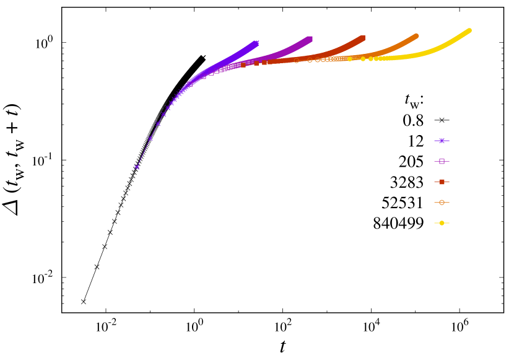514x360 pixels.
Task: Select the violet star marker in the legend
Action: pos(442,141)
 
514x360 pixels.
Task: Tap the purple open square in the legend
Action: pos(442,161)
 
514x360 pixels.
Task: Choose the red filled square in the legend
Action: pos(442,182)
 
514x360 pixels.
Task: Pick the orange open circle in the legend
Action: pos(442,202)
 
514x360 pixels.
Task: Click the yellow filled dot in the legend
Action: pos(442,222)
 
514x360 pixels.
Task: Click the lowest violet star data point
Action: pos(137,167)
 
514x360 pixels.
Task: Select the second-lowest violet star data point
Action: pos(150,138)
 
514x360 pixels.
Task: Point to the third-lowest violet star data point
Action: pos(158,123)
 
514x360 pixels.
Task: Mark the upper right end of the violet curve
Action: pos(256,43)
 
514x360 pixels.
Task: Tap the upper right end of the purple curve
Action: pos(310,38)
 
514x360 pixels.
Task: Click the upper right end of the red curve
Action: pos(363,38)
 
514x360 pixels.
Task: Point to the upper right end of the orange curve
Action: pos(416,36)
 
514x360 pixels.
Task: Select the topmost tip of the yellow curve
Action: pos(469,30)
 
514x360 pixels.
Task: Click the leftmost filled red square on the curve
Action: pos(243,64)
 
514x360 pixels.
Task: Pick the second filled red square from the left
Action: pos(256,63)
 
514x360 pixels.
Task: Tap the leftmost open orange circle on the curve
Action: pos(296,60)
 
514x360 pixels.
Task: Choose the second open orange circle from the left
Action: pos(310,59)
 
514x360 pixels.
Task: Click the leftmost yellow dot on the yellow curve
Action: pos(350,59)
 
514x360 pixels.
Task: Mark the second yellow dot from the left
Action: pos(363,59)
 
